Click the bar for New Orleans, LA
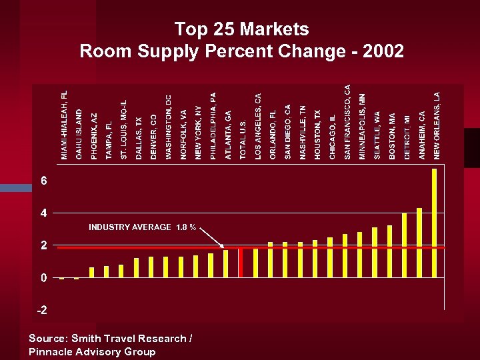tap(435, 223)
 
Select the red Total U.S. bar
tap(241, 263)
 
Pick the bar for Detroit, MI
tap(405, 245)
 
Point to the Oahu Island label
tap(79, 134)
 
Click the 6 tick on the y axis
tap(43, 181)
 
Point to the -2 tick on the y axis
tap(41, 310)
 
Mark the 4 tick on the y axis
tap(43, 213)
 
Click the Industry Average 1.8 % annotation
tap(142, 227)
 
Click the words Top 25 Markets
tap(241, 29)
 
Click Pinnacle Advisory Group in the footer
tap(92, 351)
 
